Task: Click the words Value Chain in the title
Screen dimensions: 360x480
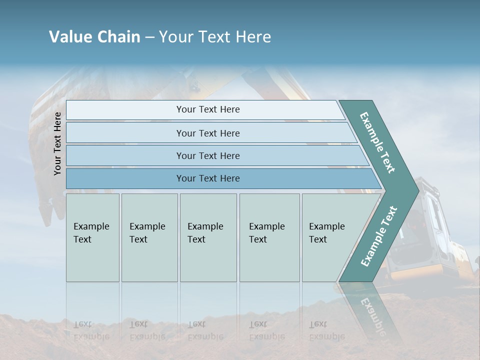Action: point(94,37)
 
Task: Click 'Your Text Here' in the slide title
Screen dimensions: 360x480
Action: point(215,37)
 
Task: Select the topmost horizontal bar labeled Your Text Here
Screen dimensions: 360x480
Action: point(207,109)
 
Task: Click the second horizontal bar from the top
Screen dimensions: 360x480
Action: point(207,133)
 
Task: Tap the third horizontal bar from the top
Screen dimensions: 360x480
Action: point(207,155)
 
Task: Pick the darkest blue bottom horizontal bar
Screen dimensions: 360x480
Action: point(207,178)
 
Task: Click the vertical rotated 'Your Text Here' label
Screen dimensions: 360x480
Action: point(57,143)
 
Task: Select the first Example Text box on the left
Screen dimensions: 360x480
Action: point(92,237)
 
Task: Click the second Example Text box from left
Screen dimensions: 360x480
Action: point(149,237)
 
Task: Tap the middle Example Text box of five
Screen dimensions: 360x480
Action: point(208,237)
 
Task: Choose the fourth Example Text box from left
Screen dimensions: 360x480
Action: point(269,237)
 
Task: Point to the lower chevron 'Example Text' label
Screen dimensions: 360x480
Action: point(379,236)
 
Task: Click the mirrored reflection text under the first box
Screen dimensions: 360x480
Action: point(91,330)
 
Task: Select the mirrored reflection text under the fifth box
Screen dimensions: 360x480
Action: point(326,330)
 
